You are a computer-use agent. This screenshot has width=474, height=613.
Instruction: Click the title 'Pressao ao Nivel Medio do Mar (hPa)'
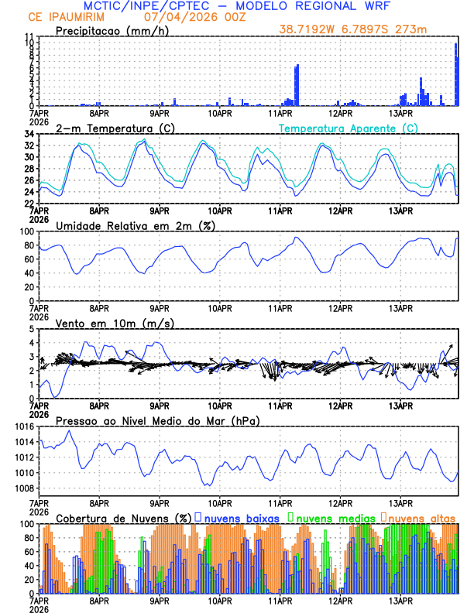(157, 420)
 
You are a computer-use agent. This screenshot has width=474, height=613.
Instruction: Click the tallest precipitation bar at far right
(456, 74)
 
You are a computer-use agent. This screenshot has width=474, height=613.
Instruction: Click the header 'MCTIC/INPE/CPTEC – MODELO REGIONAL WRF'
(237, 6)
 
